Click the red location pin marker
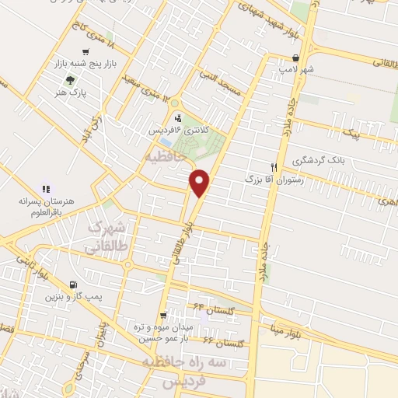[x=200, y=182]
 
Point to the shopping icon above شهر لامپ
[x=295, y=58]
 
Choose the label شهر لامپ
[x=297, y=69]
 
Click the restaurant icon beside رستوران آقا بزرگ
[x=273, y=166]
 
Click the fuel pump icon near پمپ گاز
[x=72, y=285]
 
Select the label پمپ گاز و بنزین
[x=72, y=296]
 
